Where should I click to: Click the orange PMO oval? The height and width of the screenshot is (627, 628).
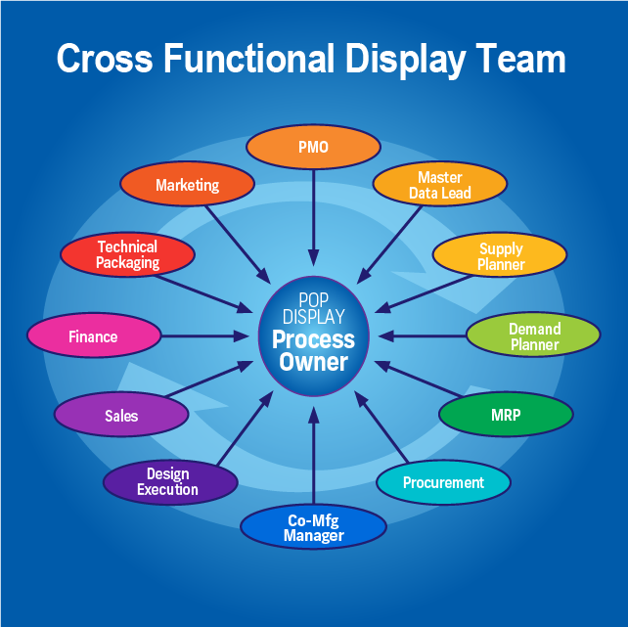click(x=313, y=148)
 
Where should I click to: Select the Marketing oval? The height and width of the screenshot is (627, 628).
click(x=187, y=185)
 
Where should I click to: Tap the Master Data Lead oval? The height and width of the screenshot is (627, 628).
click(x=440, y=185)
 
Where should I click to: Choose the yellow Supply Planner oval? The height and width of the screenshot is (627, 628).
click(x=500, y=256)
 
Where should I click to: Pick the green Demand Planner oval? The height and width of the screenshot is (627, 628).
click(x=533, y=336)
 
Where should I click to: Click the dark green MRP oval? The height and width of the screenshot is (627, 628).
click(x=505, y=415)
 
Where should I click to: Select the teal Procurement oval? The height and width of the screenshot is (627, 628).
click(x=443, y=482)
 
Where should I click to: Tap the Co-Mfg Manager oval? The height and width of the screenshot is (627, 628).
click(x=313, y=527)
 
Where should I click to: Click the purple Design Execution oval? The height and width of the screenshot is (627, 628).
click(x=170, y=481)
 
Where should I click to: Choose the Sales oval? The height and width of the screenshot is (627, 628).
click(x=121, y=416)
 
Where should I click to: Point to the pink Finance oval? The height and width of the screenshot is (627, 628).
click(x=93, y=336)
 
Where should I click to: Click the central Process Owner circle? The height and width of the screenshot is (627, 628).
click(x=313, y=336)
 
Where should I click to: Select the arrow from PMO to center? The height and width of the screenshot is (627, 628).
click(x=313, y=217)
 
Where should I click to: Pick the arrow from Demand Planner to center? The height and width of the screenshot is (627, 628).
click(x=422, y=336)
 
